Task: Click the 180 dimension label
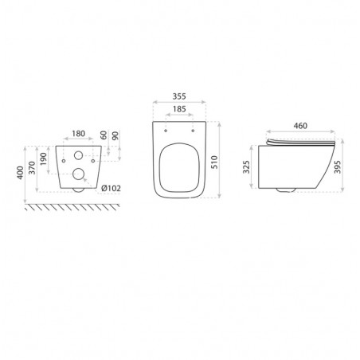(79, 134)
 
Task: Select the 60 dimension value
(104, 135)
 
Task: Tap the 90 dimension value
(115, 135)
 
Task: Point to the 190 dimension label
(44, 159)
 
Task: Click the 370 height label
(32, 168)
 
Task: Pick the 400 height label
(20, 173)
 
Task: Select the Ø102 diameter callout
(112, 188)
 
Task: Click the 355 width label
(179, 96)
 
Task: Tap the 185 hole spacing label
(179, 109)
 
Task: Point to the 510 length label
(214, 162)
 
